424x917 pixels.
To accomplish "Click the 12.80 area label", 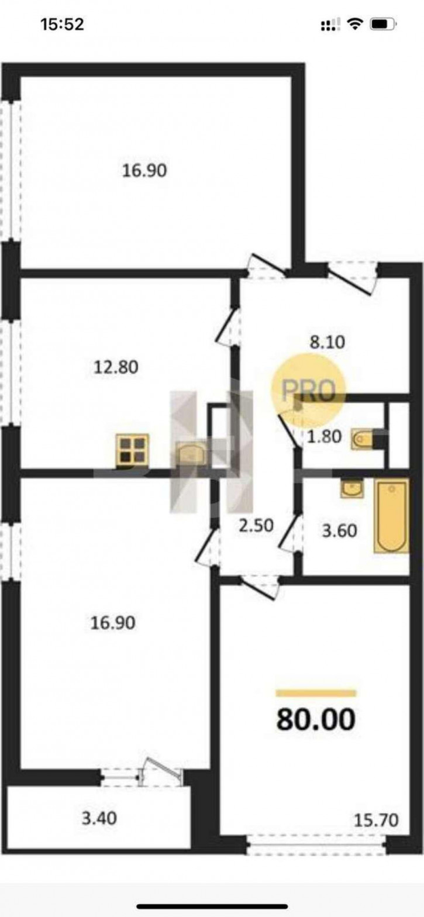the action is coord(116,367).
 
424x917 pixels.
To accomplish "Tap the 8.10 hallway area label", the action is coord(328,342).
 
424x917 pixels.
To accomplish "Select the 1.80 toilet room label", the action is coord(324,436).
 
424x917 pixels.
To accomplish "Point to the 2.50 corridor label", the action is coord(256,526).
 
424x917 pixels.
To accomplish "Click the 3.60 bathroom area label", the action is coord(340,531).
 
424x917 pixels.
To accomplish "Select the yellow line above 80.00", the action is coord(316,693).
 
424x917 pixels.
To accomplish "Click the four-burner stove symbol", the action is coord(133,451).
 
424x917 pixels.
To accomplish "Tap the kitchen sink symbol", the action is coord(190,454).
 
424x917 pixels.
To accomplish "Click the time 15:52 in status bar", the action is coord(63,25).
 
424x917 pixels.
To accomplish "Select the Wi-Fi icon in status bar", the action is coord(355,25).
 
